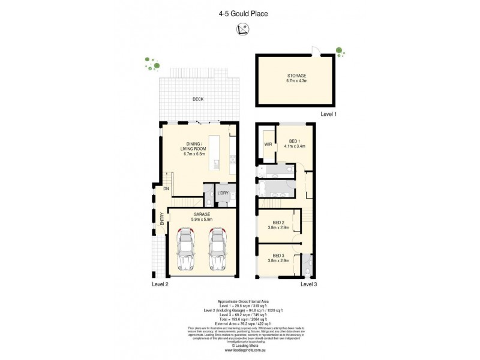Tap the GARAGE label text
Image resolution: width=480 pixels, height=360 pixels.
point(201,215)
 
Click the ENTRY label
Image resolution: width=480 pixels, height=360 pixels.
point(162,220)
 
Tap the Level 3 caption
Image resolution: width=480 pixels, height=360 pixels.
point(308,284)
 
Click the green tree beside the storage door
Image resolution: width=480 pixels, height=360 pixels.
point(340,50)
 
